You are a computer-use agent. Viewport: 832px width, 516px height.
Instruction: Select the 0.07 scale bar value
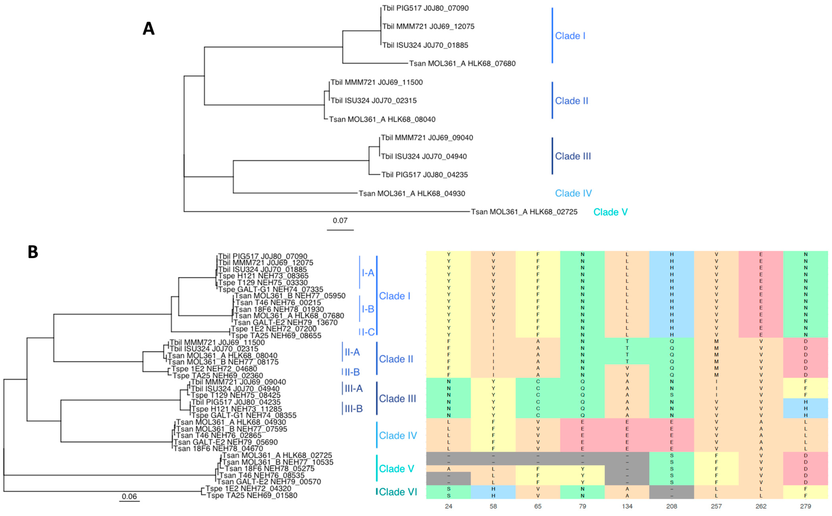[340, 220]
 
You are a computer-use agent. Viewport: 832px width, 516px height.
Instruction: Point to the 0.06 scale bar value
[129, 496]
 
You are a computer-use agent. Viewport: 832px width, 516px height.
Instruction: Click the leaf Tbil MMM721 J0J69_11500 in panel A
[377, 82]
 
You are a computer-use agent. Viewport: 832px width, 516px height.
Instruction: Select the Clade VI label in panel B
[398, 492]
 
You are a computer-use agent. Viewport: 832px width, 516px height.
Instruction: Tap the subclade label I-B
[368, 309]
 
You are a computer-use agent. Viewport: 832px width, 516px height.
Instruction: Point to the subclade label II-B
[352, 372]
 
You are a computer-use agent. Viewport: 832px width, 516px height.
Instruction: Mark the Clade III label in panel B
[397, 399]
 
